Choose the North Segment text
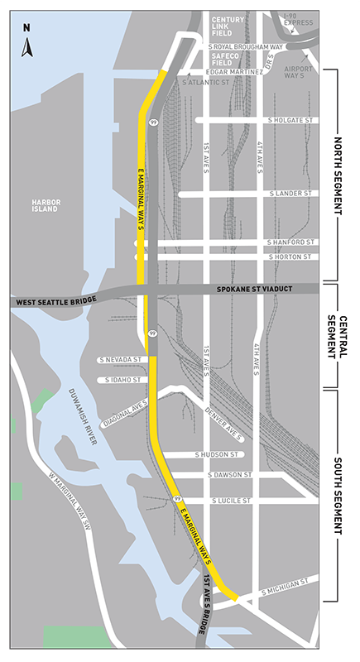pos(339,175)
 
